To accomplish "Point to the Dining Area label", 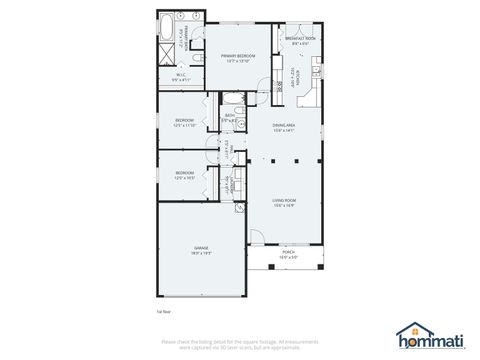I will pyautogui.click(x=287, y=127).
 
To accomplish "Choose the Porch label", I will pyautogui.click(x=288, y=254).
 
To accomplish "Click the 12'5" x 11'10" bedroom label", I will pyautogui.click(x=184, y=123).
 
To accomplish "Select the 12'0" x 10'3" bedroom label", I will pyautogui.click(x=184, y=175).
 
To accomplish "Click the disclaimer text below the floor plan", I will pyautogui.click(x=239, y=343).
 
